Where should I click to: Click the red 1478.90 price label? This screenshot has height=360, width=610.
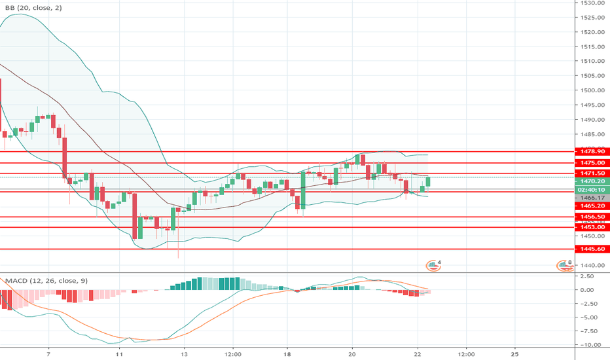[591, 152]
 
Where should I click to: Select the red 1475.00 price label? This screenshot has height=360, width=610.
[591, 162]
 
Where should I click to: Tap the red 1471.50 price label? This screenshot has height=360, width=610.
[591, 173]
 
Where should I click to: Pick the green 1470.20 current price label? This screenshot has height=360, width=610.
[591, 181]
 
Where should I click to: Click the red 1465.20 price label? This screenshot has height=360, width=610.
[591, 206]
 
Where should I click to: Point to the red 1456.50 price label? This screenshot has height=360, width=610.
[591, 217]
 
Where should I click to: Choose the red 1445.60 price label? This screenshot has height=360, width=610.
[591, 249]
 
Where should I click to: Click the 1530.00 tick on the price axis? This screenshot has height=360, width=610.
[591, 3]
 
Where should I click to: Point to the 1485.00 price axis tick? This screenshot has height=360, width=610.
[591, 134]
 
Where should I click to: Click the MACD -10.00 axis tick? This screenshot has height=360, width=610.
[591, 344]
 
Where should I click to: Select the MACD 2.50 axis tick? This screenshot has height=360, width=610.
[591, 276]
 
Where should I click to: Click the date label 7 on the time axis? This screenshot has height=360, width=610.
[48, 353]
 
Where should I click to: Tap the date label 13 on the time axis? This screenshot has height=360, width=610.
[185, 353]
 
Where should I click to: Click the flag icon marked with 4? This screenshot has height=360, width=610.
[433, 265]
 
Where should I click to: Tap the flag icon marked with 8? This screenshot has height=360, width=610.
[563, 265]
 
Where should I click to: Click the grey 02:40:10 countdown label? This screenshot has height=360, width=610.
[591, 189]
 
